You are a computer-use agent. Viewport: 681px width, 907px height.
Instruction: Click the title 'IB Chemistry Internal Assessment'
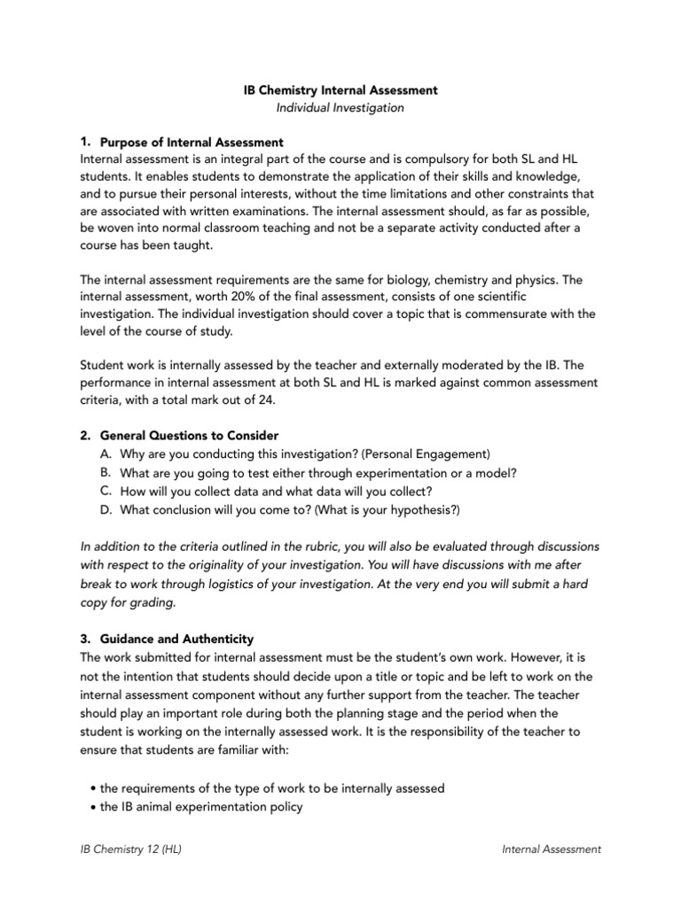[x=340, y=90]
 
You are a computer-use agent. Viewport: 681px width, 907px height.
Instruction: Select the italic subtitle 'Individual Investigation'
[x=340, y=108]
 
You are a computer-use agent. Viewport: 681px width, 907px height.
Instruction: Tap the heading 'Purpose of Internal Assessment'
[x=192, y=142]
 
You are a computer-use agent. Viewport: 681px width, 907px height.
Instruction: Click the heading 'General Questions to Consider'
[x=189, y=436]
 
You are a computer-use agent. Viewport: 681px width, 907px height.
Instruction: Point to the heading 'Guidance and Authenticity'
[x=177, y=639]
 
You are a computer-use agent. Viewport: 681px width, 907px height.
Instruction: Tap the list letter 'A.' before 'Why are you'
[x=106, y=454]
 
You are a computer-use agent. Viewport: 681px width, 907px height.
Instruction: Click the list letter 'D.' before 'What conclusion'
[x=106, y=510]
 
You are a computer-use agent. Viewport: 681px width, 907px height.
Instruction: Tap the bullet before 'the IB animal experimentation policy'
[x=93, y=806]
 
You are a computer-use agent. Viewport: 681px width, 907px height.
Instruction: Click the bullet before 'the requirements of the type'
[x=93, y=788]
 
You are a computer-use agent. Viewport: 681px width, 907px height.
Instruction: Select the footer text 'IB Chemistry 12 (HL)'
[x=131, y=849]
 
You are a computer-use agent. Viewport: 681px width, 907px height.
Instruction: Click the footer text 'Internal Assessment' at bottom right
[x=551, y=849]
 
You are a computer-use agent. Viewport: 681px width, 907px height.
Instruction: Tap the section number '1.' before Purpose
[x=85, y=141]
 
